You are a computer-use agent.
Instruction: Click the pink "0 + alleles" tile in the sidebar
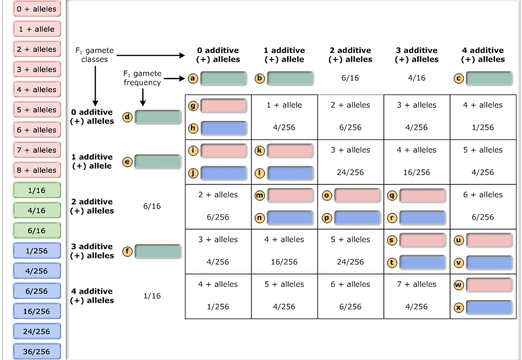(x=36, y=9)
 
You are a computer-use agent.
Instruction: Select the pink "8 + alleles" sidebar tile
(x=36, y=170)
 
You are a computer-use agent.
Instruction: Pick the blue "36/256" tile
(x=36, y=351)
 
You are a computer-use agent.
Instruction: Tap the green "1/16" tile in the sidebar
(x=36, y=190)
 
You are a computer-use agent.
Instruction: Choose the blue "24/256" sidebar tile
(x=36, y=331)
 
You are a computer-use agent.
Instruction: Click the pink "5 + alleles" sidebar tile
(x=36, y=109)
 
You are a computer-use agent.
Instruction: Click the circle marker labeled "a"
(x=194, y=78)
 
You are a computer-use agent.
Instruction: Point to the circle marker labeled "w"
(x=459, y=285)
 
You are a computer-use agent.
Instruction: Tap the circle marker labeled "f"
(x=127, y=251)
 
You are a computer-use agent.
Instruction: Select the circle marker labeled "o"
(x=327, y=195)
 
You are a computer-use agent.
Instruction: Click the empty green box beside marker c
(x=489, y=78)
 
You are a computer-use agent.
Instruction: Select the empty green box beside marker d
(x=158, y=116)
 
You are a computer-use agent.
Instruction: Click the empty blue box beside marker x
(x=489, y=307)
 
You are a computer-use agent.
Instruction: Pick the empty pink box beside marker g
(x=224, y=105)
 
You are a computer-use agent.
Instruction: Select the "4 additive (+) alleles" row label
(x=92, y=296)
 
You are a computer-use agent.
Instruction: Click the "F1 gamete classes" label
(x=94, y=55)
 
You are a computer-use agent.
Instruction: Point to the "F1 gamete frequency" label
(x=142, y=78)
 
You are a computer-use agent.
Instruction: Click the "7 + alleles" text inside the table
(x=416, y=284)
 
